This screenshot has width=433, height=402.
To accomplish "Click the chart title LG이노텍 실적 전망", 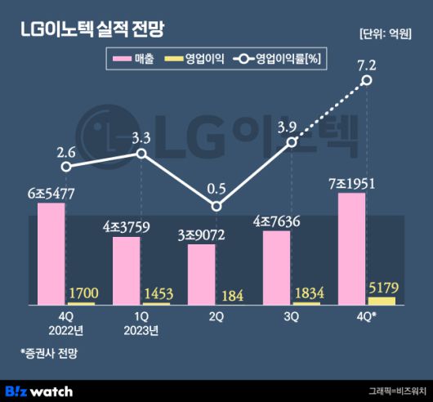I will [92, 29].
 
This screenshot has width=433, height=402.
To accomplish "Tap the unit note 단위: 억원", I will [387, 33].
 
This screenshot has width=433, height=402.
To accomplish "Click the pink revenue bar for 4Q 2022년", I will [51, 253].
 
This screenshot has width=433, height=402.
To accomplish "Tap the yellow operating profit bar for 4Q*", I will [382, 301].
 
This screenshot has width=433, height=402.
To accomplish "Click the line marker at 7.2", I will [367, 80].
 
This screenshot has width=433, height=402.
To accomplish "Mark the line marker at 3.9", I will [292, 142].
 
